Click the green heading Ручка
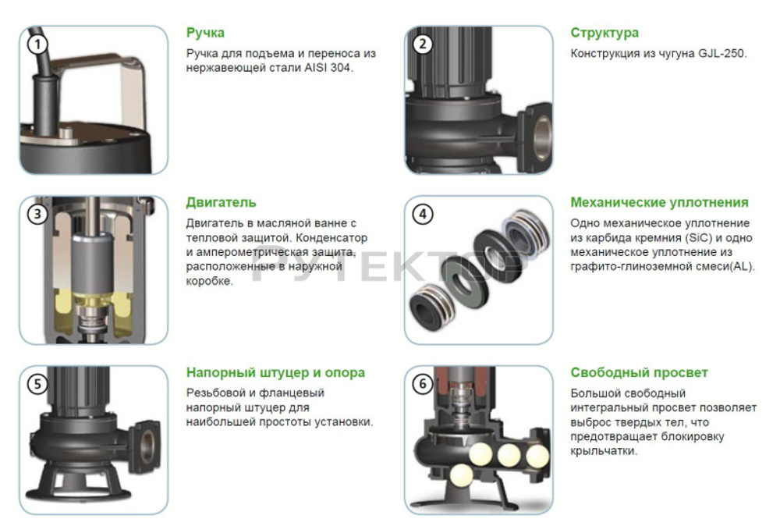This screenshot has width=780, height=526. [205, 33]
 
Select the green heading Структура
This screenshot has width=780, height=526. [604, 33]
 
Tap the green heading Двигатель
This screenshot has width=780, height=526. [221, 202]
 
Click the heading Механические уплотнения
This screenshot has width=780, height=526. [659, 202]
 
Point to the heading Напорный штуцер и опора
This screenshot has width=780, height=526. [275, 372]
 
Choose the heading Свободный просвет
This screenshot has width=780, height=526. [639, 372]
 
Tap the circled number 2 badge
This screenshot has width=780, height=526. [423, 44]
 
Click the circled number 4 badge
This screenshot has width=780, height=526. [423, 214]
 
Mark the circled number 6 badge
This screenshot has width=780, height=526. [423, 384]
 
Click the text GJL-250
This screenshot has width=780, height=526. [723, 54]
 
